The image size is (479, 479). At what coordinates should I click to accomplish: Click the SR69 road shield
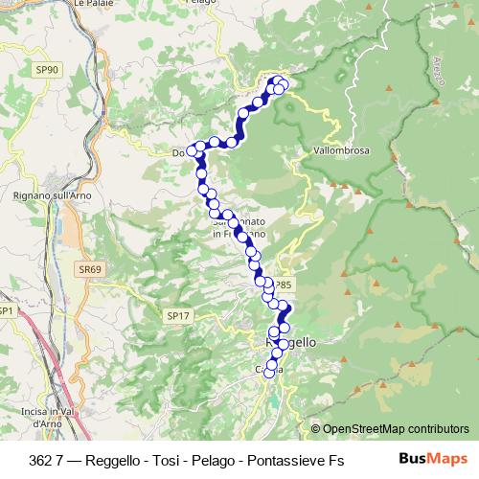click(90, 270)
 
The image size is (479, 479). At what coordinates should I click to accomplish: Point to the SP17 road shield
click(178, 315)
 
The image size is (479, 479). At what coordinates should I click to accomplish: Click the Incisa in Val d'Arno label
click(40, 417)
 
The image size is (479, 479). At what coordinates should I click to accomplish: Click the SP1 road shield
click(7, 311)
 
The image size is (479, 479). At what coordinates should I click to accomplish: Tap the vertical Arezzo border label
click(440, 68)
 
